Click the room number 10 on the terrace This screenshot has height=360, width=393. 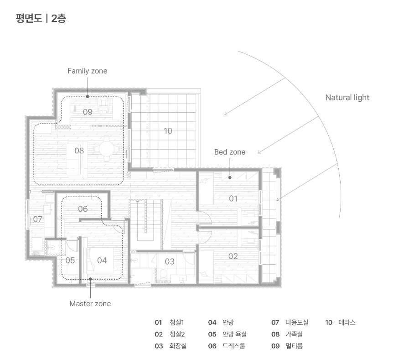168,131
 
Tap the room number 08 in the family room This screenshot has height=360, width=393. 79,151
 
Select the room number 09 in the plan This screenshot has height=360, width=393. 88,112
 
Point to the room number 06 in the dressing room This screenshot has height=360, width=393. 83,209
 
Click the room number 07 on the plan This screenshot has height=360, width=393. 37,219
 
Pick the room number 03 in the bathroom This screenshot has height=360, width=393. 170,261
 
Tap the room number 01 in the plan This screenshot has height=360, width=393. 233,198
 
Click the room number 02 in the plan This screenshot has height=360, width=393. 233,256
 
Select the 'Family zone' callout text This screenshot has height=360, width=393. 88,71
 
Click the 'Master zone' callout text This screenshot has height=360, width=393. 90,303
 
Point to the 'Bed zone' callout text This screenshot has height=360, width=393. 230,152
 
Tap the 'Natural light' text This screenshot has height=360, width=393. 347,98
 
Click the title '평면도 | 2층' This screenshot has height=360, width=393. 41,18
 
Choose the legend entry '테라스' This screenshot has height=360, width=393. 347,323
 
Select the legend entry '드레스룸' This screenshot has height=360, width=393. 234,346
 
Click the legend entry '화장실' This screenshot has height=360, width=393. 178,346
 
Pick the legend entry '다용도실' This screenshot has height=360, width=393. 297,323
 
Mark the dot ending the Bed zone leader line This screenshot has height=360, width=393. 230,177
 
